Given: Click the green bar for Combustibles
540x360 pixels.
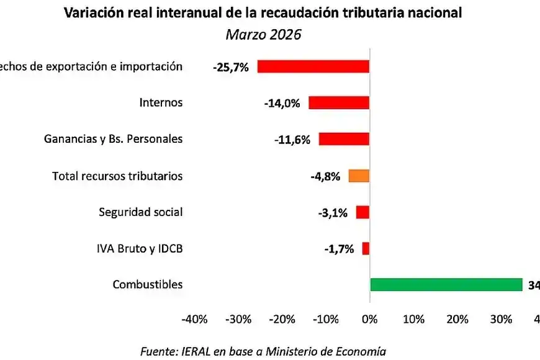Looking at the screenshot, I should pyautogui.click(x=446, y=285).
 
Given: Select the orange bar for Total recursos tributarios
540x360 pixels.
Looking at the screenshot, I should pyautogui.click(x=359, y=176).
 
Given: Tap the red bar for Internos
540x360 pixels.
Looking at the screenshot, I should pyautogui.click(x=339, y=103).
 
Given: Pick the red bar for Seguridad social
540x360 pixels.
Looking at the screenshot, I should pyautogui.click(x=362, y=212).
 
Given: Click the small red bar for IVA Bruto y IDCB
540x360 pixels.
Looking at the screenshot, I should pyautogui.click(x=366, y=249).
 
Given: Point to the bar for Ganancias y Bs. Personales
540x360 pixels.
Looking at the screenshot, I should pyautogui.click(x=344, y=139).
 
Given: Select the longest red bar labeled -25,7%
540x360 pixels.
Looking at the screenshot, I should pyautogui.click(x=313, y=66).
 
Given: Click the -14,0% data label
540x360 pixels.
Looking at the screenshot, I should pyautogui.click(x=281, y=104).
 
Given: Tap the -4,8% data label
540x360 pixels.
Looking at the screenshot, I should pyautogui.click(x=325, y=176).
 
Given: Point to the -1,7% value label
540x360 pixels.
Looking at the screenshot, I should pyautogui.click(x=338, y=249).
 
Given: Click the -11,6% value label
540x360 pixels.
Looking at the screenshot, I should pyautogui.click(x=292, y=140).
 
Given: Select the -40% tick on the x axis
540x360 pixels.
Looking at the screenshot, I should pyautogui.click(x=194, y=320).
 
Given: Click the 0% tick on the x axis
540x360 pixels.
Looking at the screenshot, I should pyautogui.click(x=369, y=320).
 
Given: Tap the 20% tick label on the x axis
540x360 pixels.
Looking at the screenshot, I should pyautogui.click(x=457, y=320).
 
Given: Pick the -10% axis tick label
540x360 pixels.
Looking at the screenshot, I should pyautogui.click(x=326, y=320).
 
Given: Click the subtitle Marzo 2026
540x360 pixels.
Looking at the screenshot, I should pyautogui.click(x=263, y=34).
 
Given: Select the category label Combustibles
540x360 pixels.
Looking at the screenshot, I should pyautogui.click(x=148, y=285).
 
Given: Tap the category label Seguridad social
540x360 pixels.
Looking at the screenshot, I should pyautogui.click(x=141, y=212).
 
